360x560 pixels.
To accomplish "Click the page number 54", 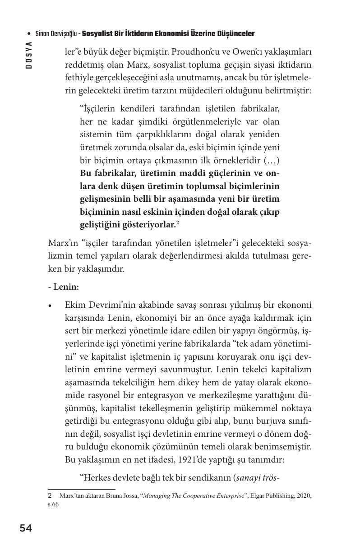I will click(26, 528).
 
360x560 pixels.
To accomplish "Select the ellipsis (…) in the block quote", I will click(273, 160).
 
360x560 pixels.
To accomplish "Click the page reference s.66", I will click(53, 504).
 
